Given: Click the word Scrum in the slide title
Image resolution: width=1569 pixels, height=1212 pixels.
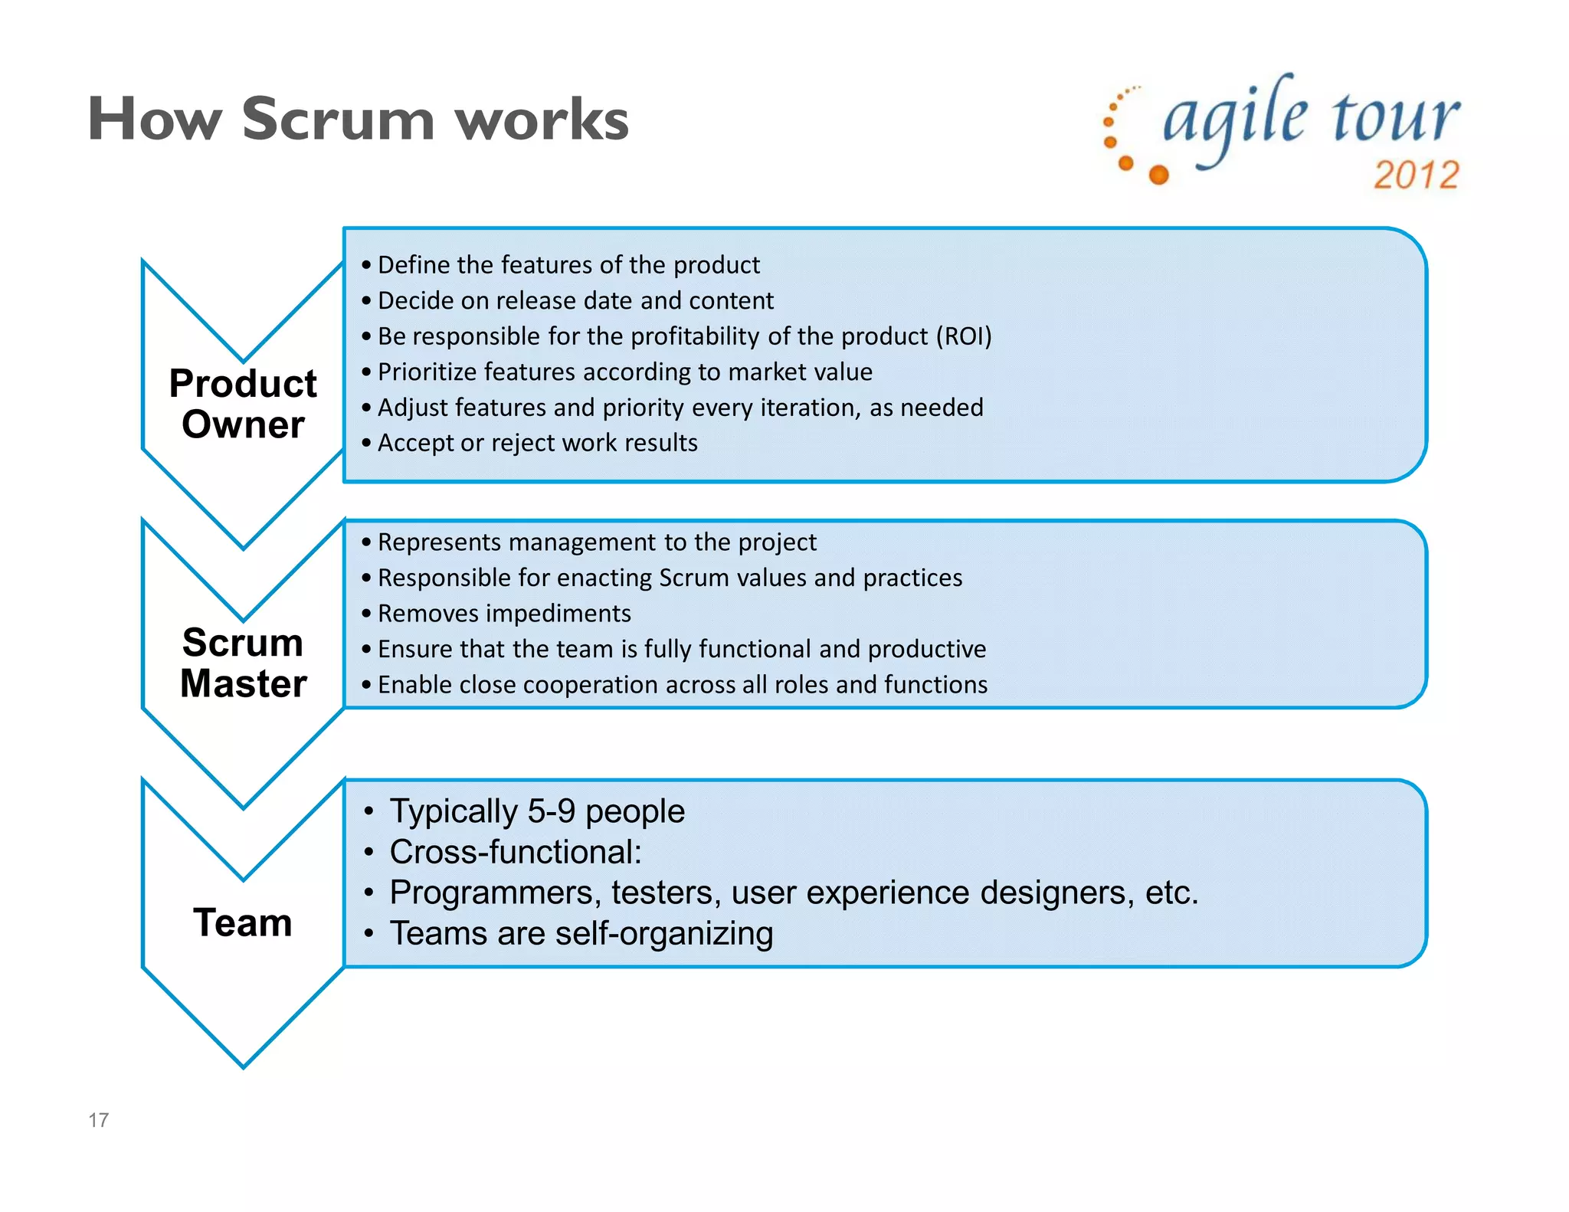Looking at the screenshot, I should [x=338, y=120].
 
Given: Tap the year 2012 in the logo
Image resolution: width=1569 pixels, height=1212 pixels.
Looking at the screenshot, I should [x=1416, y=175].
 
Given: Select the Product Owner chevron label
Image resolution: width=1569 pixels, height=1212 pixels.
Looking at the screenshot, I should [x=243, y=404].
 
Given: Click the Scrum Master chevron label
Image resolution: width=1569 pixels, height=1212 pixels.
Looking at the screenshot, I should [x=243, y=663].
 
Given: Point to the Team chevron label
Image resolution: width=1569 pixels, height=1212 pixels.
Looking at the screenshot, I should [x=243, y=922].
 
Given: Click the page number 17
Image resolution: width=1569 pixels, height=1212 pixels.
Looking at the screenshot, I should [x=98, y=1120].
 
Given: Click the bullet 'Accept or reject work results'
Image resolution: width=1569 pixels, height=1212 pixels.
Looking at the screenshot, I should [x=537, y=443].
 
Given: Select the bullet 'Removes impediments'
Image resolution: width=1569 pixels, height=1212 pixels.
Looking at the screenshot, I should [x=504, y=614].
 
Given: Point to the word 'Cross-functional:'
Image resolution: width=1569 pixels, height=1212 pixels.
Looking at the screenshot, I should [x=515, y=852].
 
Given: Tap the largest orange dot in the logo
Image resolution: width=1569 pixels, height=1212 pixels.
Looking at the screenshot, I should [x=1159, y=175].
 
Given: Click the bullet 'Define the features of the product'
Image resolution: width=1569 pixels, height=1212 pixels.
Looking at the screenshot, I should [x=568, y=265].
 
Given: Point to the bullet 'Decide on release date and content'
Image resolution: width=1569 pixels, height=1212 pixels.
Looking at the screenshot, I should [x=575, y=301].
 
